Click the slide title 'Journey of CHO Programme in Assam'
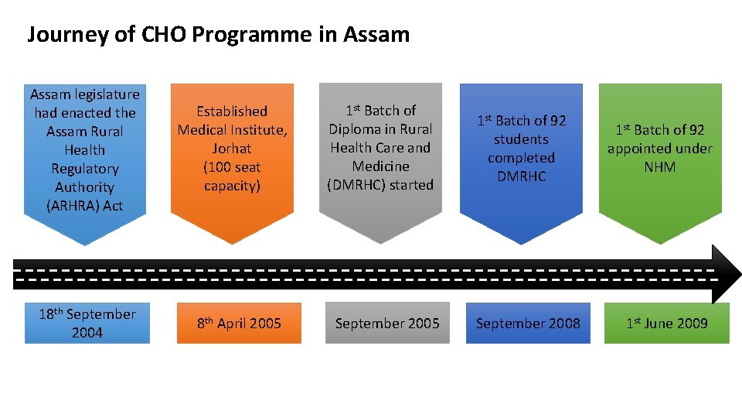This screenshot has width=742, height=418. click(x=218, y=35)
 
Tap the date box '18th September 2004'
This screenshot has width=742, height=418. click(x=87, y=323)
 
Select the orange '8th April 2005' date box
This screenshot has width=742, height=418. click(x=239, y=323)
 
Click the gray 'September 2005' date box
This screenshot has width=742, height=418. click(x=387, y=323)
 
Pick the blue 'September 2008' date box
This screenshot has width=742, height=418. click(x=528, y=323)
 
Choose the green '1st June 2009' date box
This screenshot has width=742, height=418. click(x=666, y=323)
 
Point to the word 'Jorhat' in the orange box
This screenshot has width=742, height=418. click(x=232, y=149)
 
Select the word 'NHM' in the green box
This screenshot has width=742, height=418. click(x=659, y=167)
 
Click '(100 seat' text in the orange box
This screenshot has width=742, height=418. click(x=232, y=167)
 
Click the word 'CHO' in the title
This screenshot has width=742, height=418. click(x=162, y=35)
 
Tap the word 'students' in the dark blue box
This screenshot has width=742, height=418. click(x=521, y=139)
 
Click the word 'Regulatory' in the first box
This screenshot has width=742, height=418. click(x=85, y=169)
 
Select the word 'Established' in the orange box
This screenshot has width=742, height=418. click(x=232, y=111)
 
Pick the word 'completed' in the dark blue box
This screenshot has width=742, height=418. click(x=521, y=158)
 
